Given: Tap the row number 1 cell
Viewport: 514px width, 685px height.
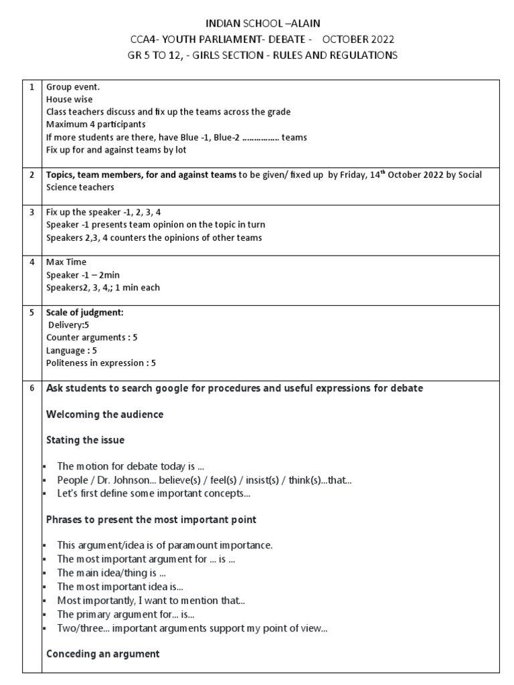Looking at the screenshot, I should pyautogui.click(x=31, y=87).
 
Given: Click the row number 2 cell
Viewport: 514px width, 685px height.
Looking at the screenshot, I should pyautogui.click(x=31, y=175).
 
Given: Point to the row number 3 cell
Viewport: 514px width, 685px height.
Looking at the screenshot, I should pyautogui.click(x=31, y=212).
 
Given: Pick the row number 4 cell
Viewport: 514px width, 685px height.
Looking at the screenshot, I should pyautogui.click(x=31, y=262).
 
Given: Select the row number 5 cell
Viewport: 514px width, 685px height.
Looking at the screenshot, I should pyautogui.click(x=31, y=312).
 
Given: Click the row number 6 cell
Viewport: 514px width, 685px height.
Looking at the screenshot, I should pyautogui.click(x=31, y=389).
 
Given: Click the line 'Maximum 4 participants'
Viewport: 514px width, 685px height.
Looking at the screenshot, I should pyautogui.click(x=95, y=124).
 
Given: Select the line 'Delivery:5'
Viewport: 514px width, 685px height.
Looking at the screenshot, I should pyautogui.click(x=68, y=325).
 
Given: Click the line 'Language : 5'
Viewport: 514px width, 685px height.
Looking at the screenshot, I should pyautogui.click(x=72, y=351).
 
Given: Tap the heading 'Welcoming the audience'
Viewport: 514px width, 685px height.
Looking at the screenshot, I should pyautogui.click(x=104, y=415).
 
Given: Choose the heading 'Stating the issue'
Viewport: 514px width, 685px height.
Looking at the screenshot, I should pyautogui.click(x=85, y=440).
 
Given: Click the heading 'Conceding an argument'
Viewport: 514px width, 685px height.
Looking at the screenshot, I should pyautogui.click(x=102, y=654).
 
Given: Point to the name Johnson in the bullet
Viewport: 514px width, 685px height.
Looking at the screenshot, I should pyautogui.click(x=138, y=480).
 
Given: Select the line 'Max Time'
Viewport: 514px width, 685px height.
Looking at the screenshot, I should pyautogui.click(x=66, y=262).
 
